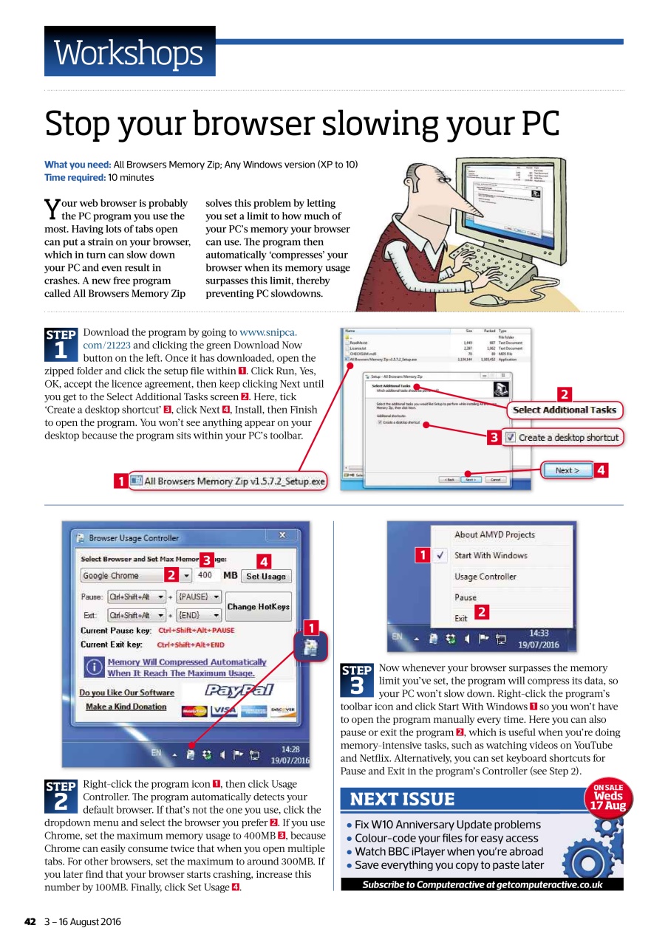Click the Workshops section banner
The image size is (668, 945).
pyautogui.click(x=129, y=52)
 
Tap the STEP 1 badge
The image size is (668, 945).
pyautogui.click(x=61, y=344)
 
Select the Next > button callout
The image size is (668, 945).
pyautogui.click(x=568, y=470)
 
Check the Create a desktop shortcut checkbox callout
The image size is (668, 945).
pyautogui.click(x=511, y=437)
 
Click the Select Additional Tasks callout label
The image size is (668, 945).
pyautogui.click(x=564, y=410)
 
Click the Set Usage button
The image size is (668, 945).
pyautogui.click(x=265, y=576)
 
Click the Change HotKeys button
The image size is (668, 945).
pyautogui.click(x=258, y=606)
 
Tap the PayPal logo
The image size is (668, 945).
pyautogui.click(x=238, y=690)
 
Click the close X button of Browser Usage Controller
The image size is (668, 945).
pyautogui.click(x=282, y=535)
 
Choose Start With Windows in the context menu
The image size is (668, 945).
pyautogui.click(x=491, y=555)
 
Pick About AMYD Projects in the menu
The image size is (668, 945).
pyautogui.click(x=494, y=535)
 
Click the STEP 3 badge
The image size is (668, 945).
pyautogui.click(x=356, y=680)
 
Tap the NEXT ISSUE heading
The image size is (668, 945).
pyautogui.click(x=402, y=800)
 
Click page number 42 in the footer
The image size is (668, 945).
pyautogui.click(x=30, y=921)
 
